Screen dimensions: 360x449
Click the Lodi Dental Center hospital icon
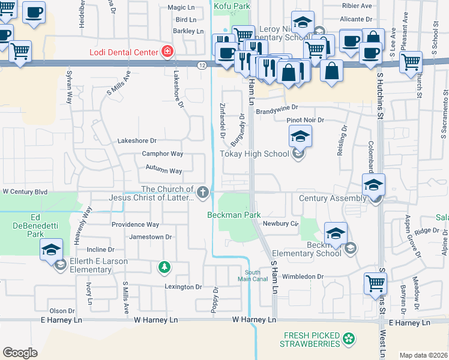[166, 52]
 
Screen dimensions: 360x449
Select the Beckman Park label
[234, 214]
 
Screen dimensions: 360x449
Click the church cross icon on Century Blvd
[203, 193]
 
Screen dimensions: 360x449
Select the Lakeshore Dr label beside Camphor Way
[137, 141]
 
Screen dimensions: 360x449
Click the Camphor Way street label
[162, 154]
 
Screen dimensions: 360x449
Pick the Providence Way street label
[135, 224]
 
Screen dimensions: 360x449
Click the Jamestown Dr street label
[151, 237]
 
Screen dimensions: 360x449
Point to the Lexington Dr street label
[183, 287]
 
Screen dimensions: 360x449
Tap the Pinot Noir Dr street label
[305, 120]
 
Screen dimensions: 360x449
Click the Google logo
[20, 353]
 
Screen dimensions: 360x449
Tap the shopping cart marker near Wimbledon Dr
[375, 283]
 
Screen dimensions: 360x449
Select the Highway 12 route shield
[202, 65]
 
